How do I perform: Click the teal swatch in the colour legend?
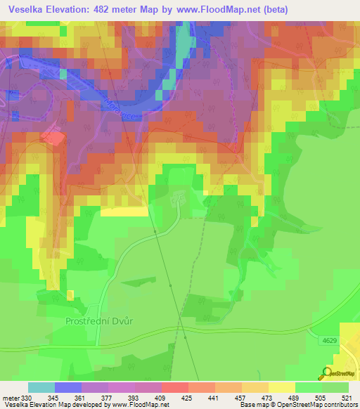click(41, 387)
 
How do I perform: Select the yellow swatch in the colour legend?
click(281, 387)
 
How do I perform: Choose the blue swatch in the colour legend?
click(67, 387)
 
